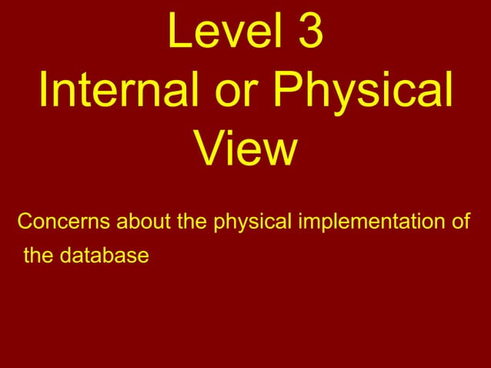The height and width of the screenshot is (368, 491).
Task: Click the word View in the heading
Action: coord(245,149)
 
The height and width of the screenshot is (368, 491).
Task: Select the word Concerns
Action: coord(64,223)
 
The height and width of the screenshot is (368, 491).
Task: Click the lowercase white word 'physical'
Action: coord(252,223)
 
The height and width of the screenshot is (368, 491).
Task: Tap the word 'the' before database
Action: coord(38,254)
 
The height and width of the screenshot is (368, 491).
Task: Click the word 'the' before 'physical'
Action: coord(193,223)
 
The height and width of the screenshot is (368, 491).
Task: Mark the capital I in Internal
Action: coord(44,93)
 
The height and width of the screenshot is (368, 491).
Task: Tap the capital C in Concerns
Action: coord(25,223)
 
